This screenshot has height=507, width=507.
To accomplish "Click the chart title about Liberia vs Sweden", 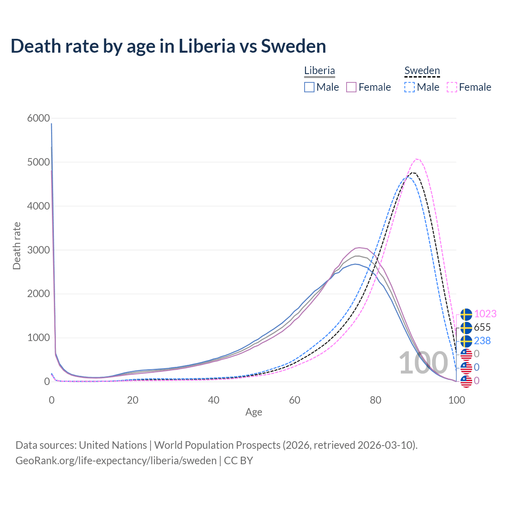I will click(x=168, y=46).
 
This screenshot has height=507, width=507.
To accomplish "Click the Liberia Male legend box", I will click(x=309, y=87).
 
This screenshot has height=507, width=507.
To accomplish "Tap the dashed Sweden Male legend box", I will click(x=410, y=87).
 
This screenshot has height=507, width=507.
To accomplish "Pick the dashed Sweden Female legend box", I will click(x=452, y=87).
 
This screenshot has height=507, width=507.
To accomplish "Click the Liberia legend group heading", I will click(x=320, y=71).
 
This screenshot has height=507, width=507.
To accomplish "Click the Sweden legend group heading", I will click(x=422, y=71).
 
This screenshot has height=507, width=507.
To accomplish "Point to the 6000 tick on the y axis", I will click(x=39, y=118).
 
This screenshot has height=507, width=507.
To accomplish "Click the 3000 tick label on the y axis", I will click(x=39, y=250).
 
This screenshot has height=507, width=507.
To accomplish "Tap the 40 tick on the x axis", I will click(x=213, y=400).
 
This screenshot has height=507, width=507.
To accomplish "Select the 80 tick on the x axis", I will click(x=375, y=400).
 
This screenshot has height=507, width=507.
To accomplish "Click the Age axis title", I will click(x=253, y=412).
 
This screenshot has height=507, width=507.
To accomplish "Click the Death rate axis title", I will click(x=17, y=246).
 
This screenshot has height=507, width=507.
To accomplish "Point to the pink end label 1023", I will click(x=485, y=314).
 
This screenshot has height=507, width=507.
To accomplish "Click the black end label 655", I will click(x=482, y=327).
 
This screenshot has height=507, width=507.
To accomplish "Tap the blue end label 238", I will click(x=482, y=341).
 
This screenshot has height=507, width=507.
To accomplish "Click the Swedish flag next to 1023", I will click(x=466, y=314).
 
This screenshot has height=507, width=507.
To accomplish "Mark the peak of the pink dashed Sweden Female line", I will click(x=417, y=159).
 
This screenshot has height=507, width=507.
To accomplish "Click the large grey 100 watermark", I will click(x=423, y=363).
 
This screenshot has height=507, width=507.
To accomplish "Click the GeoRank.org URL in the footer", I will click(x=116, y=461).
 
